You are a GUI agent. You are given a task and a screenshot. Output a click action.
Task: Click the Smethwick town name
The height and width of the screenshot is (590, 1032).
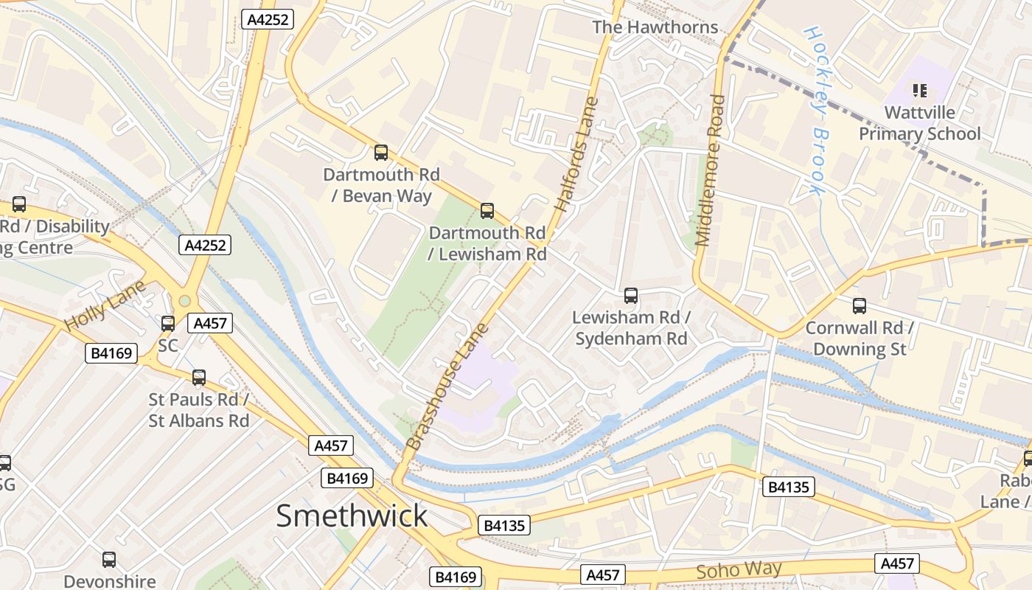pyautogui.click(x=352, y=516)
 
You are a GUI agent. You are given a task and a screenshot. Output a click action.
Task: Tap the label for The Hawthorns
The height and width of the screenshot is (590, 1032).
pyautogui.click(x=655, y=27)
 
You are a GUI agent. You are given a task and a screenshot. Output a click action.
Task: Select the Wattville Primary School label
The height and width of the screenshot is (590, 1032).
pyautogui.click(x=919, y=123)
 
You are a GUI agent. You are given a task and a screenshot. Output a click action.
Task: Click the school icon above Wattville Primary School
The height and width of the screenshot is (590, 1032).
pyautogui.click(x=919, y=91)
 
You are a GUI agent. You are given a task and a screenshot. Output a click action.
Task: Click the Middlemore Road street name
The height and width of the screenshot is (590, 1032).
pyautogui.click(x=710, y=170)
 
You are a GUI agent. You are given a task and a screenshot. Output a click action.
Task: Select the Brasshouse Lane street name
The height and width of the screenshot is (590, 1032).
pyautogui.click(x=447, y=386)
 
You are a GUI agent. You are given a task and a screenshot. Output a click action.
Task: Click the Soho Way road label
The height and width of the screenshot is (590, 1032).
pyautogui.click(x=739, y=570)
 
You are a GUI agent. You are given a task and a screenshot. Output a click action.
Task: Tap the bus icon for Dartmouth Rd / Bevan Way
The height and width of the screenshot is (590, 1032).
pyautogui.click(x=381, y=153)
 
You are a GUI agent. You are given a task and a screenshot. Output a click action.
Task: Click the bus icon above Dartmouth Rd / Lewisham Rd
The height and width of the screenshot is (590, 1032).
pyautogui.click(x=487, y=211)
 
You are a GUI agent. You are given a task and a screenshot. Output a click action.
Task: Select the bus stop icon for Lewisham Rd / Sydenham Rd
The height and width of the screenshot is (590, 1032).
pyautogui.click(x=631, y=296)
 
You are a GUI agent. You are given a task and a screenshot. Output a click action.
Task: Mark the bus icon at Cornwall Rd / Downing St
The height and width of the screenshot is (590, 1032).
pyautogui.click(x=860, y=306)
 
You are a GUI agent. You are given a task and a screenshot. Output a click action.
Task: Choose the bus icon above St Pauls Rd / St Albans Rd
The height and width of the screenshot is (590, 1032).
pyautogui.click(x=199, y=378)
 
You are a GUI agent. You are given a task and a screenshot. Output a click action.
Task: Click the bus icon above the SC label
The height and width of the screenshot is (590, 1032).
pyautogui.click(x=168, y=323)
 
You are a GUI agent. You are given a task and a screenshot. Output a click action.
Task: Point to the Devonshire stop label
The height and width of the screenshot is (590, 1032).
pyautogui.click(x=109, y=580)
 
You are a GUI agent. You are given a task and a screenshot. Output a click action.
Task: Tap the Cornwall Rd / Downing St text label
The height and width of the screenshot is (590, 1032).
pyautogui.click(x=860, y=338)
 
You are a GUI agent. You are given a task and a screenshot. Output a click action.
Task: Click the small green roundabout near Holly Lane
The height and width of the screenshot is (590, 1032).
pyautogui.click(x=184, y=301)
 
